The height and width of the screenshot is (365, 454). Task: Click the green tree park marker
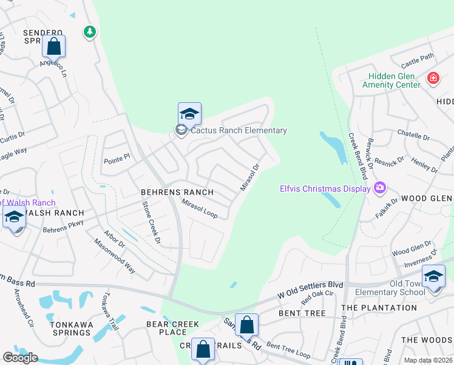[90, 31]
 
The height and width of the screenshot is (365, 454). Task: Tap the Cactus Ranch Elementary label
[238, 130]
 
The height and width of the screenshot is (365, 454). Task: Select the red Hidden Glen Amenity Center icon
[433, 78]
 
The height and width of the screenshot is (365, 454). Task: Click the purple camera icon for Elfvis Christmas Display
[380, 187]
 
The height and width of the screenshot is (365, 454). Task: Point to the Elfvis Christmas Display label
[325, 188]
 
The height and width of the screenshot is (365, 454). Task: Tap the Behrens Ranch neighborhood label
[177, 192]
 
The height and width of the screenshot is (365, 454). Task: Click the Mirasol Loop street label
[200, 210]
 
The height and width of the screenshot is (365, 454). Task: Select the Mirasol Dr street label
[249, 177]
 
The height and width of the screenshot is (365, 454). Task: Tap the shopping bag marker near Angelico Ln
[53, 46]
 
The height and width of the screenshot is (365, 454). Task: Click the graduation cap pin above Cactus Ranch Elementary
[189, 113]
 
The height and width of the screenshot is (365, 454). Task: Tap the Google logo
[20, 358]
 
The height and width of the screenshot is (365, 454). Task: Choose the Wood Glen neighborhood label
[425, 198]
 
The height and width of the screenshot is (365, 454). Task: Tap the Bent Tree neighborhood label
[302, 313]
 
